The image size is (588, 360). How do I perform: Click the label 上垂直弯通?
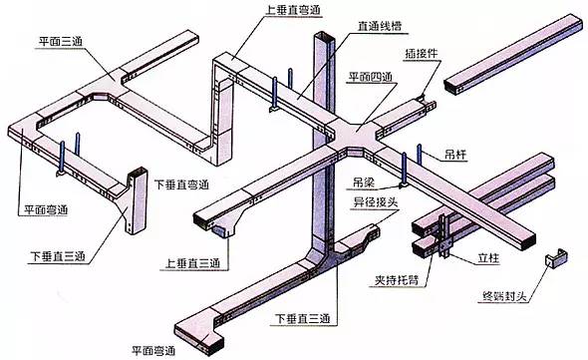click(293, 10)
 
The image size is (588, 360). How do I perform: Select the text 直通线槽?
click(380, 26)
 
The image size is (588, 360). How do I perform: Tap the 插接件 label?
click(422, 53)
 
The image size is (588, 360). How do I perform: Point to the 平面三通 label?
click(61, 41)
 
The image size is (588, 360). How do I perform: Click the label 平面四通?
click(371, 77)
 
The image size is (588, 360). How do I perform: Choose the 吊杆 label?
click(455, 154)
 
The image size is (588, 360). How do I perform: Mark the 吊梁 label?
click(364, 182)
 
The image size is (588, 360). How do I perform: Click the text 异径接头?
click(376, 202)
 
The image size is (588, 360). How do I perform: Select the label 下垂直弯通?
click(181, 184)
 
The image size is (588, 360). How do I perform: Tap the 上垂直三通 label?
click(192, 263)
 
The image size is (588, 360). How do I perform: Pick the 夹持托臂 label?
click(397, 280)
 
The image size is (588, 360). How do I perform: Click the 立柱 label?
click(488, 258)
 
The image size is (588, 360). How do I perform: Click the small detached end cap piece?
click(556, 257)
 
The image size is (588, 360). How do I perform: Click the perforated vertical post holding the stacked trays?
click(442, 235)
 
